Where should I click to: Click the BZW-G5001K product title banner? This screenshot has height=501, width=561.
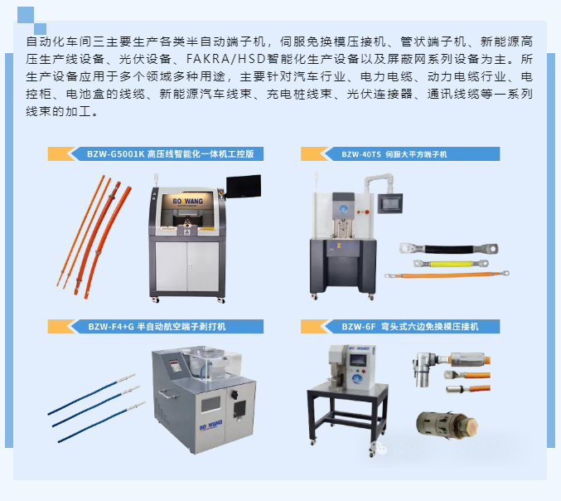point(156,154)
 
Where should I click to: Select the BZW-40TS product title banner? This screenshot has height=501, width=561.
point(400,154)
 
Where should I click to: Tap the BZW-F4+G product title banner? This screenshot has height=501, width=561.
point(156,327)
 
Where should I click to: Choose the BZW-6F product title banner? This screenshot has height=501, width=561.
point(400,327)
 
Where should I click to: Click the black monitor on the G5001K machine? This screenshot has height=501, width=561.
point(244,186)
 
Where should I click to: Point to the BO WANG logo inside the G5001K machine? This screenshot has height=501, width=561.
point(188,202)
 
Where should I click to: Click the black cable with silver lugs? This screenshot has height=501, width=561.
point(448,249)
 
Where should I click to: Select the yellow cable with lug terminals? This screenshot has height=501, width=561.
point(451,264)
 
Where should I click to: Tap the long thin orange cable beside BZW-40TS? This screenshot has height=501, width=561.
point(447,275)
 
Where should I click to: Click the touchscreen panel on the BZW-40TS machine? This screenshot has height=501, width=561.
point(390,203)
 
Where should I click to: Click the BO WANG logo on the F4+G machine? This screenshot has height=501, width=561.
point(210,425)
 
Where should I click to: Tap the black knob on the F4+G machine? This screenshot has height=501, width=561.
point(235,395)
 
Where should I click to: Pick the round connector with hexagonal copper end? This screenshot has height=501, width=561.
point(447,426)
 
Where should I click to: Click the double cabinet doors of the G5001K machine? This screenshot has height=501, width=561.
point(187,266)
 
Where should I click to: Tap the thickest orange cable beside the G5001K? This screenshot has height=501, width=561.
point(108,242)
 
